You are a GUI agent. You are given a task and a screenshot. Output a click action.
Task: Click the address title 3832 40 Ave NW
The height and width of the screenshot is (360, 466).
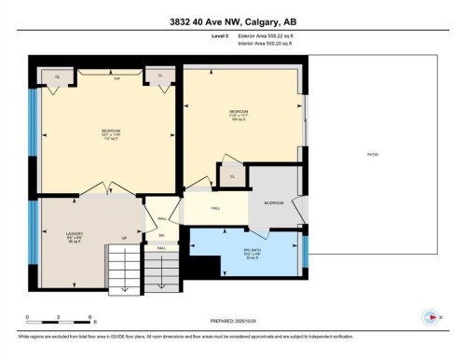pyautogui.click(x=233, y=23)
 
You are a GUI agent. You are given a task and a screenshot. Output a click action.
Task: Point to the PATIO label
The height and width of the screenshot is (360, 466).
pyautogui.click(x=373, y=153)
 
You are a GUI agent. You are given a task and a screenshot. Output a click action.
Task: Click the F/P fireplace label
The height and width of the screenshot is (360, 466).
pyautogui.click(x=116, y=78)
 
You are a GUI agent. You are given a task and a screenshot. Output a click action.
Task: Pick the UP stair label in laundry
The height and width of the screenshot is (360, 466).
pyautogui.click(x=125, y=238)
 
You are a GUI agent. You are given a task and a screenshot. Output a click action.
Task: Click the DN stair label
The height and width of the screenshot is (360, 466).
pyautogui.click(x=161, y=235)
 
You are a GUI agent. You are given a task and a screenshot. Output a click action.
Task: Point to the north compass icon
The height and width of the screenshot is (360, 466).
pyautogui.click(x=429, y=315)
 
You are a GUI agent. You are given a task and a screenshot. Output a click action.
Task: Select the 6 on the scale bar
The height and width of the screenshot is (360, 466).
pyautogui.click(x=89, y=318)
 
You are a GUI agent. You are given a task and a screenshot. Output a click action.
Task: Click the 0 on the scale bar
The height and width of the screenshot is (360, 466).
pyautogui.click(x=28, y=318)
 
